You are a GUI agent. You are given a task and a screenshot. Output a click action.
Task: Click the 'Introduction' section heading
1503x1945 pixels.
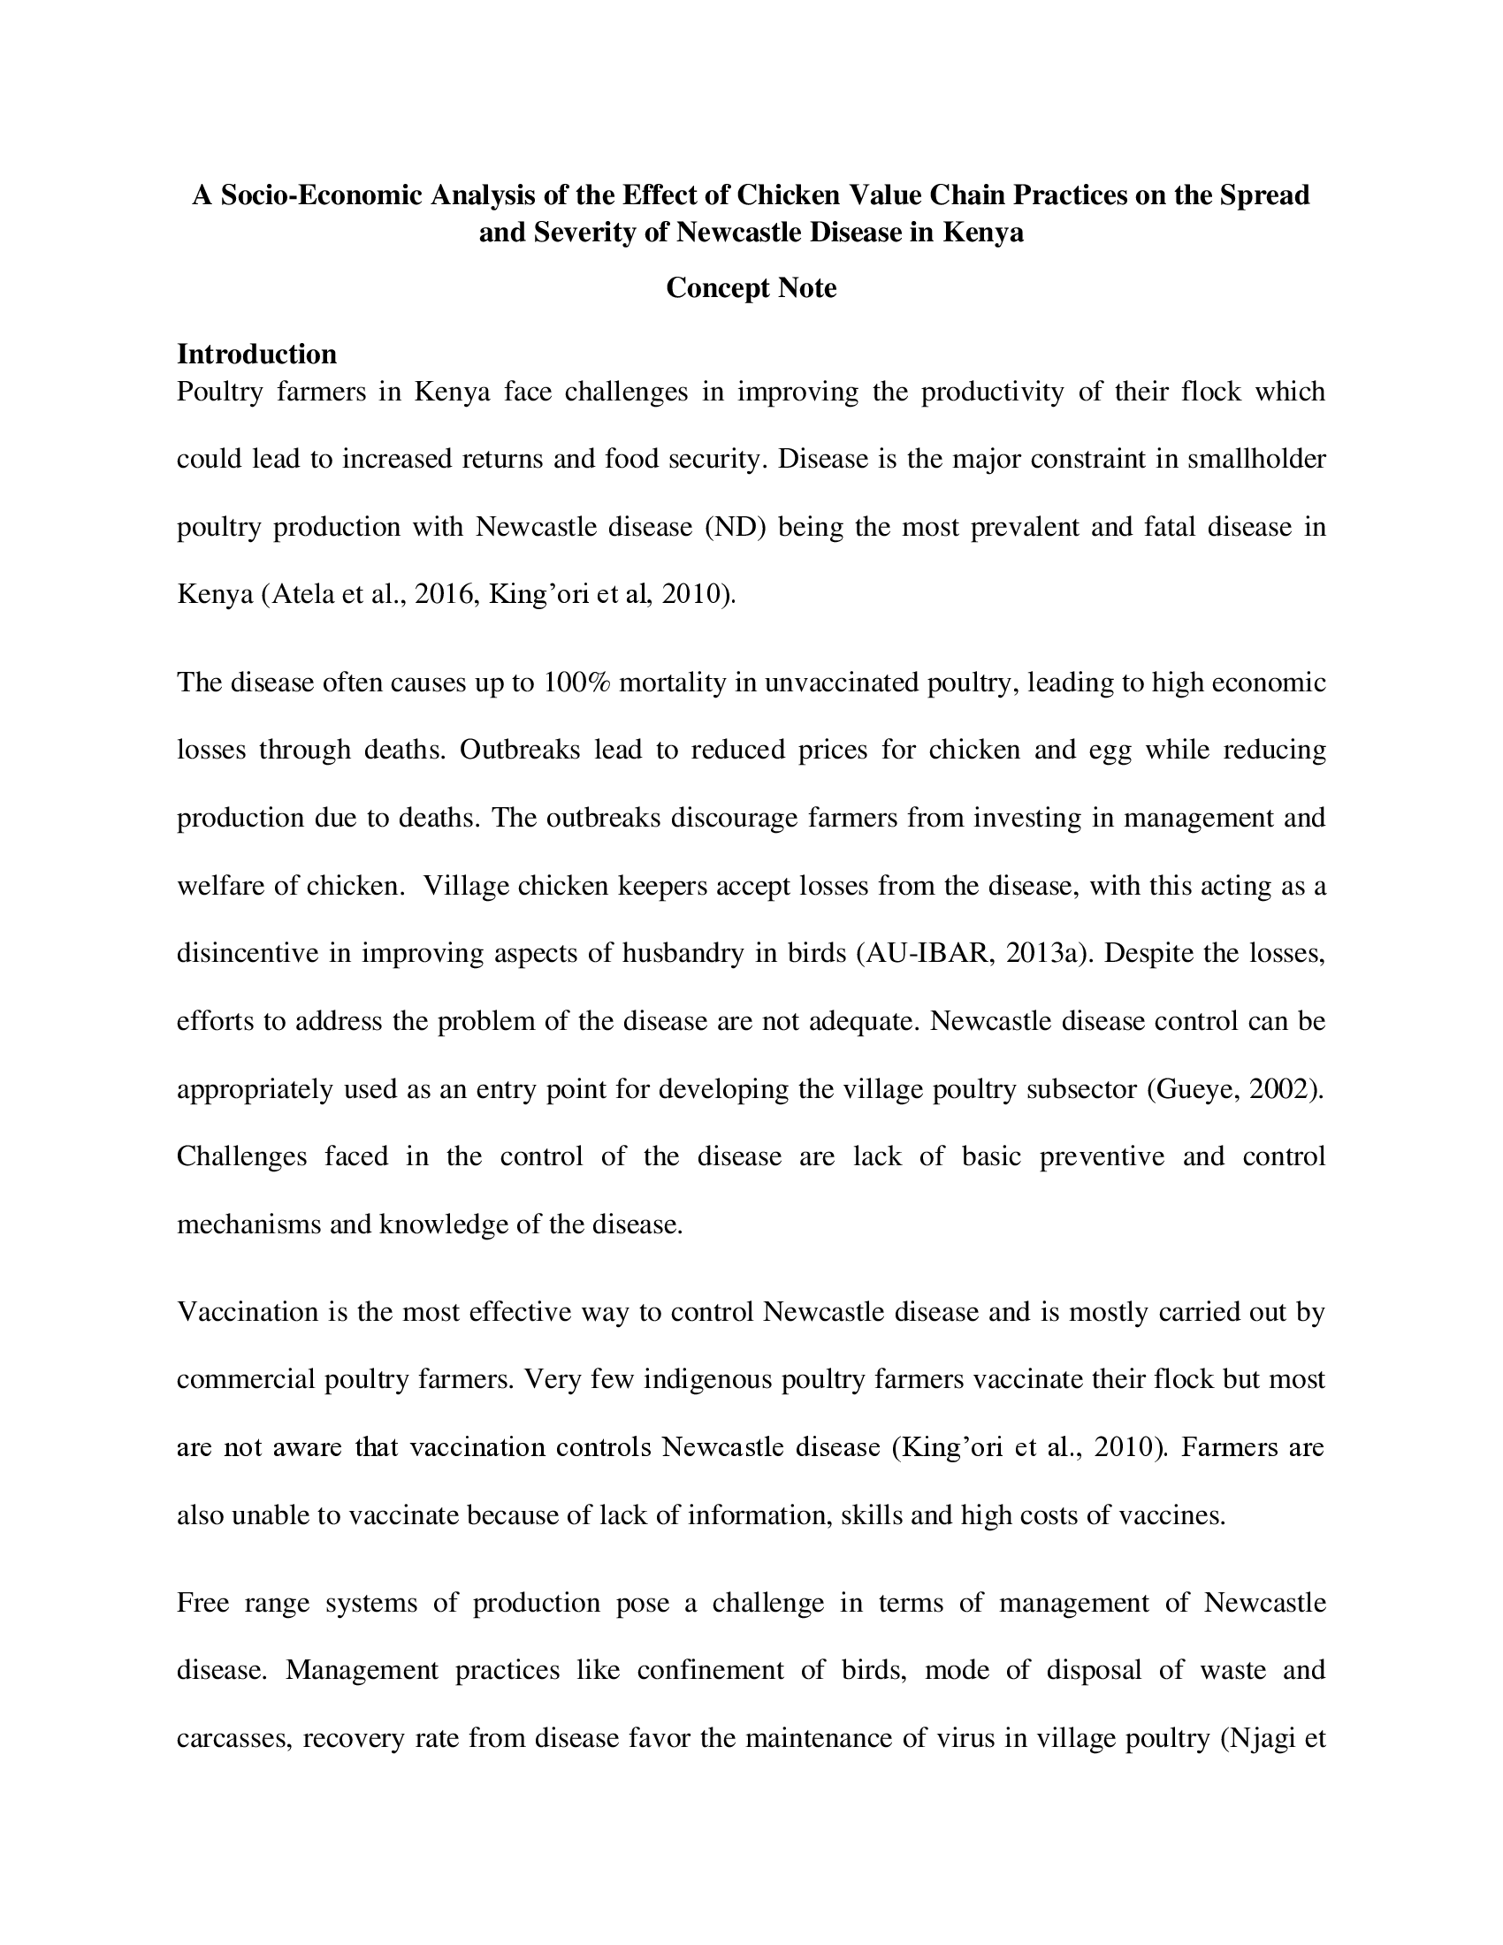tap(256, 355)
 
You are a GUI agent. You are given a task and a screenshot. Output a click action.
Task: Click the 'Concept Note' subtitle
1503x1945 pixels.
tap(751, 288)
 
